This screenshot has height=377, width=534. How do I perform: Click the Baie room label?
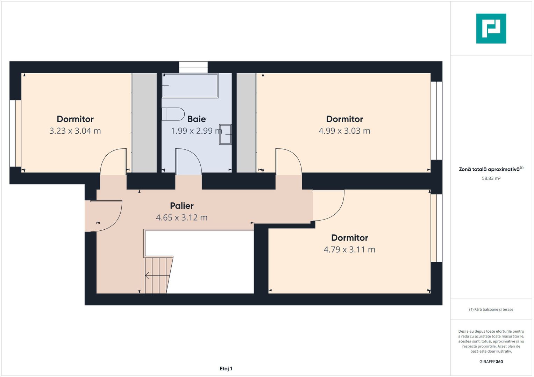196,119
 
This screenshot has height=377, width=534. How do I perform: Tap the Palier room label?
181,206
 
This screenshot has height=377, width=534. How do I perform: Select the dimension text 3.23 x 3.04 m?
75,131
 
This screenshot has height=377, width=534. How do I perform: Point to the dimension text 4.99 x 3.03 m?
344,131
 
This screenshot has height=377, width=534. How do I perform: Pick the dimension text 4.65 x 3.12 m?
181,217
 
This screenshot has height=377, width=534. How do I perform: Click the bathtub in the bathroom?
190,86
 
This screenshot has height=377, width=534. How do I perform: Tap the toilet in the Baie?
173,114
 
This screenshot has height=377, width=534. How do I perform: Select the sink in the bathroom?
225,134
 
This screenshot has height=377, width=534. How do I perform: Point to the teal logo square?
491,29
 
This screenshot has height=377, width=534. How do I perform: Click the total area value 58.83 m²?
491,178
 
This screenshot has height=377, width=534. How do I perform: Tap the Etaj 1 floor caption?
226,369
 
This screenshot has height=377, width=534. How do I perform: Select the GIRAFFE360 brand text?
491,362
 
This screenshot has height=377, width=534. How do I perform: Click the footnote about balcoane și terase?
491,309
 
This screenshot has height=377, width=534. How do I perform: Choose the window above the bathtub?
193,67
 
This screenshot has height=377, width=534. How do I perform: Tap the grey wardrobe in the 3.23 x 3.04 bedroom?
144,123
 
